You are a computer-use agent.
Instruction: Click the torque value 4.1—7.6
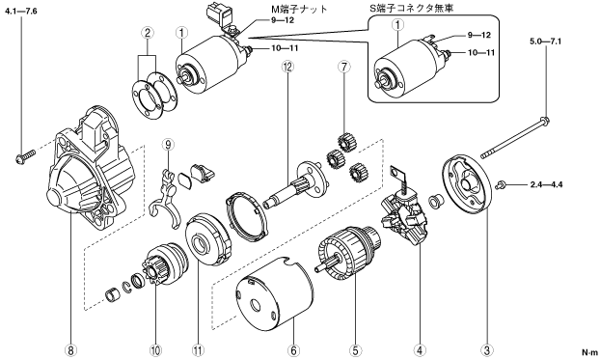tap(20, 12)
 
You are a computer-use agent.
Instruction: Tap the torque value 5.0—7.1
tap(546, 42)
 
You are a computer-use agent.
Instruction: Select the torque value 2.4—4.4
tap(546, 185)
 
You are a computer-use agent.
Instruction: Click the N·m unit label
tap(589, 352)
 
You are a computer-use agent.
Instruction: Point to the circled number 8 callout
tap(71, 349)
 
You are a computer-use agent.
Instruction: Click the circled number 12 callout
tap(287, 67)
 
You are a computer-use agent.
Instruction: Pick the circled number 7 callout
tap(343, 67)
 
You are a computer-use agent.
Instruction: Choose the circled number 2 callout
tap(147, 32)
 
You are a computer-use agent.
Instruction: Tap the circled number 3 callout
tap(487, 349)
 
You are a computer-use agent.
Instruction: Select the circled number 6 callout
tap(293, 349)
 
